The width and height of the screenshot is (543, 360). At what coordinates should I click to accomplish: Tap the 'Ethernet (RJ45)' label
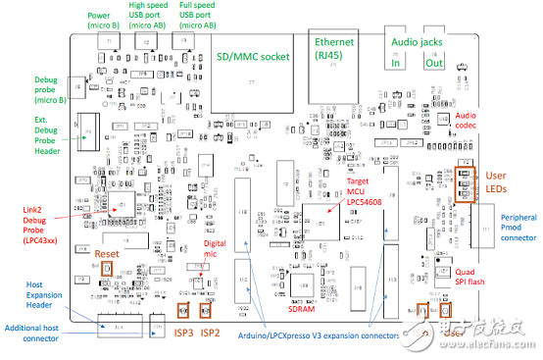click(335, 49)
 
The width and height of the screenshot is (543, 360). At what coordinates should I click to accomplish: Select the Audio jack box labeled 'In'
click(397, 62)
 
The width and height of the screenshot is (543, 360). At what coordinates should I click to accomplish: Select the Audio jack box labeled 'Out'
click(433, 62)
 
